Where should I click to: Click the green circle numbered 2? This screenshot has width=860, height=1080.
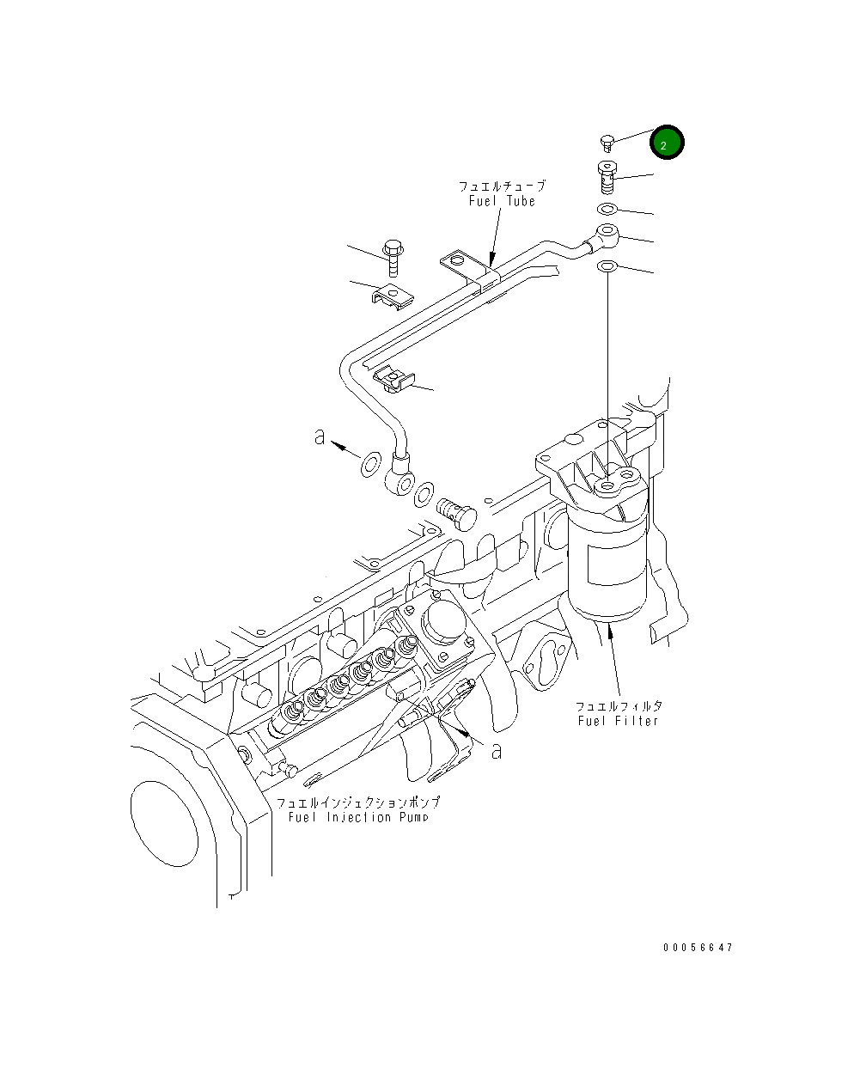pyautogui.click(x=667, y=144)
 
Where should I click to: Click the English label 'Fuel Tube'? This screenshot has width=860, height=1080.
pyautogui.click(x=502, y=201)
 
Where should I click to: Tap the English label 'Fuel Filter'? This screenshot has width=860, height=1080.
pyautogui.click(x=618, y=720)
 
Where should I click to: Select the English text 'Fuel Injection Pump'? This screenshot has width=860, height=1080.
pyautogui.click(x=358, y=816)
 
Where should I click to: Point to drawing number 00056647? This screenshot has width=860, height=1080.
pyautogui.click(x=698, y=948)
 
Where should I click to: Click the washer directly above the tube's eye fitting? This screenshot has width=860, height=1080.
pyautogui.click(x=607, y=210)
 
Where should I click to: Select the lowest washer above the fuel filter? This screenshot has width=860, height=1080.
pyautogui.click(x=607, y=267)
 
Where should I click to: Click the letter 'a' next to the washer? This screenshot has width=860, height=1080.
pyautogui.click(x=320, y=437)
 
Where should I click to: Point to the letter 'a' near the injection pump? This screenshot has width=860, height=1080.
pyautogui.click(x=496, y=750)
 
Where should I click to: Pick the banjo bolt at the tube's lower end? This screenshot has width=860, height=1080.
pyautogui.click(x=456, y=514)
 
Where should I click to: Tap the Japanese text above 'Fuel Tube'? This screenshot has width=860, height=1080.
pyautogui.click(x=502, y=186)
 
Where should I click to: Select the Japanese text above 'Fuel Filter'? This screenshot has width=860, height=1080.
pyautogui.click(x=619, y=705)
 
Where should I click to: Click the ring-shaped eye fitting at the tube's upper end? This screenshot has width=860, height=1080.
pyautogui.click(x=605, y=233)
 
